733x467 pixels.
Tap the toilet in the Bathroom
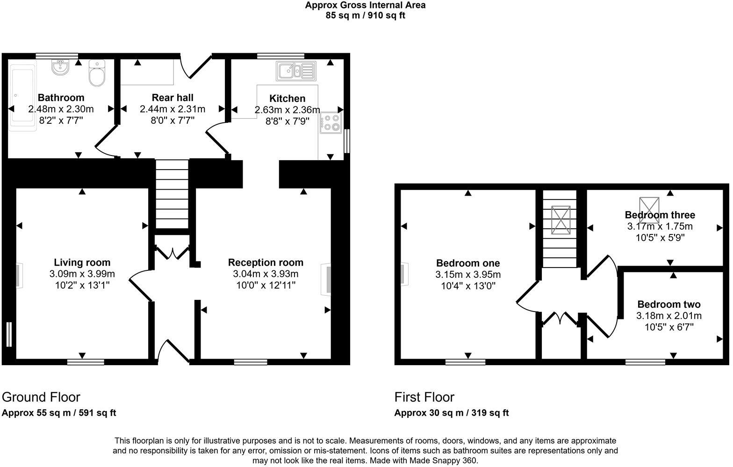(97, 73)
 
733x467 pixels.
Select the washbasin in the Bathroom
(60, 68)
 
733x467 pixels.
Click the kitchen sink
(296, 71)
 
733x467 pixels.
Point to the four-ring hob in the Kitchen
(331, 122)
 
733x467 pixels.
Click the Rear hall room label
(172, 98)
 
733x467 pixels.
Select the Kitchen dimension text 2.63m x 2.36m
(287, 110)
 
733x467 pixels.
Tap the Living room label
(82, 262)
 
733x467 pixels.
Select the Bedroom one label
(468, 263)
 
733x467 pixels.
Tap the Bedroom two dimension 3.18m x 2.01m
(669, 316)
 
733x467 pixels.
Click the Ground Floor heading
(41, 397)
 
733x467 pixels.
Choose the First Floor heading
(424, 397)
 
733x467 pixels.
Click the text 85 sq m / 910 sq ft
(365, 15)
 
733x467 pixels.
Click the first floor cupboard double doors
(561, 318)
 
